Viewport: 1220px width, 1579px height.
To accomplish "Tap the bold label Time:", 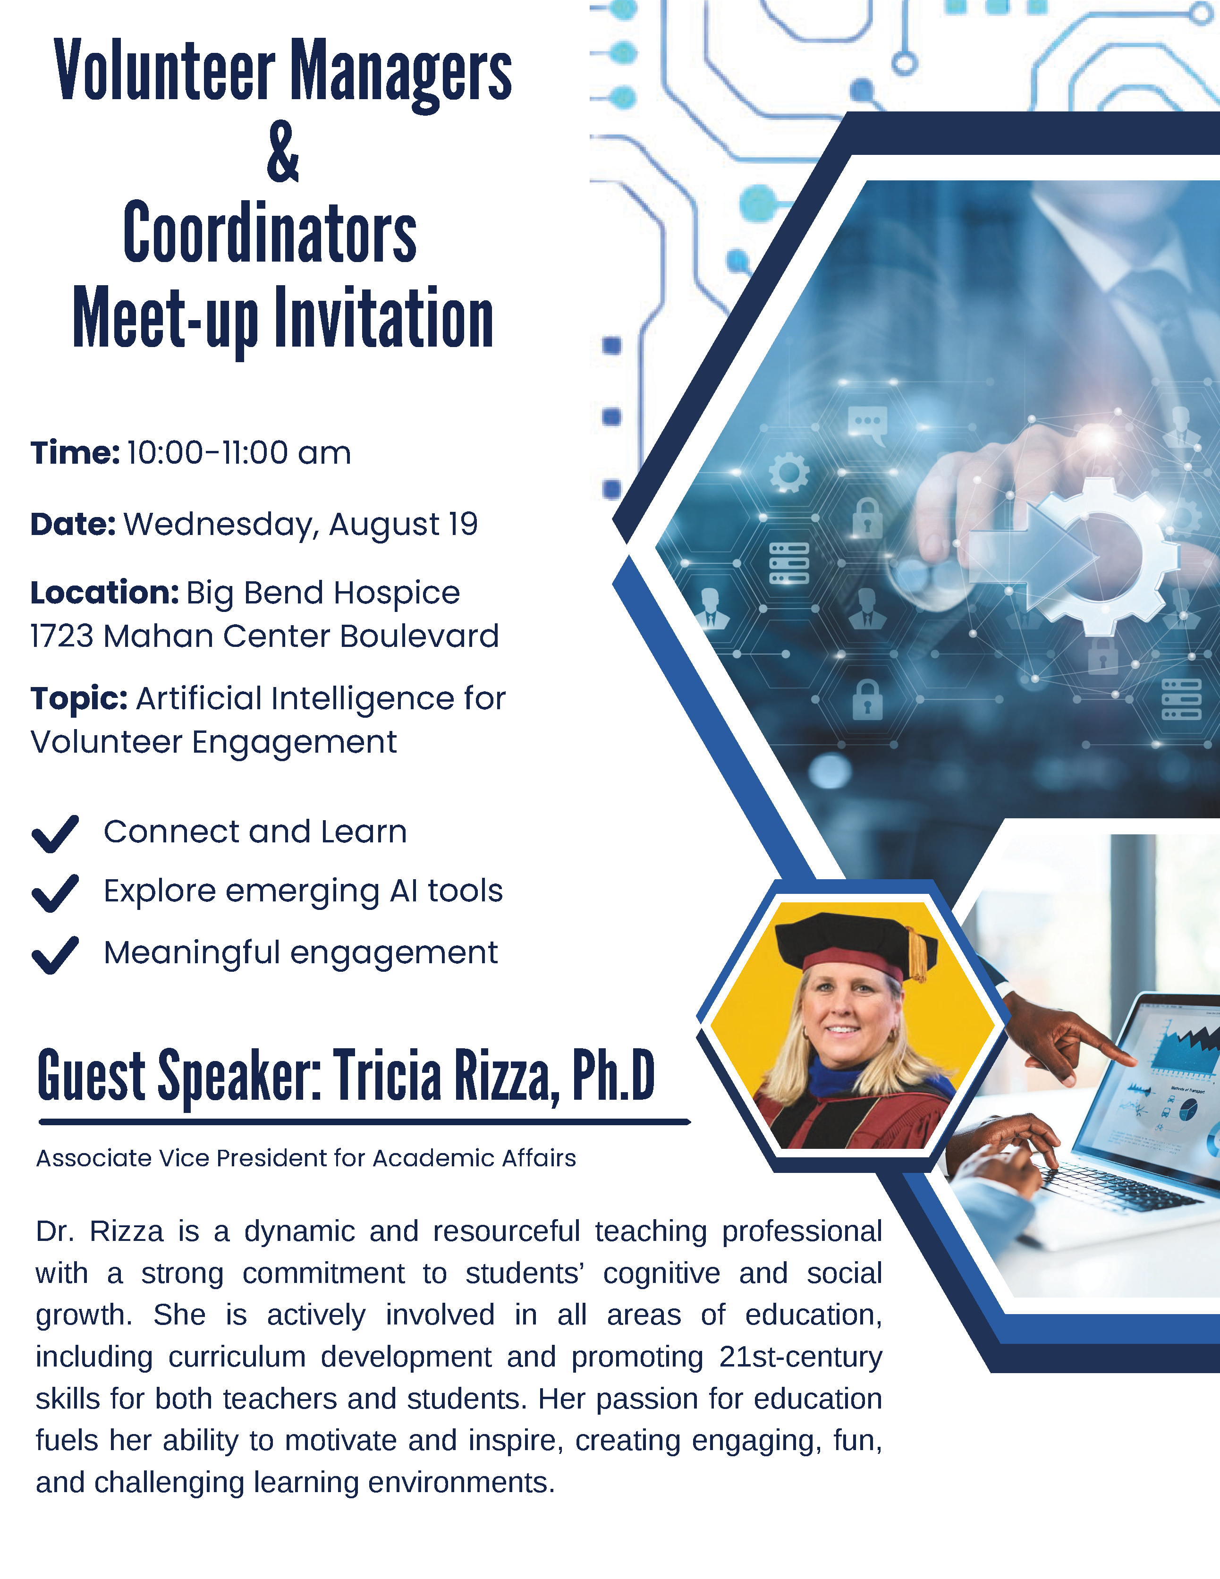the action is click(75, 453).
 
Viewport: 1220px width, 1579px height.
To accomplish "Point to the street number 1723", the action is click(62, 636).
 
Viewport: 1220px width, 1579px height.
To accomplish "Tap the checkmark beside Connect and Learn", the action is click(55, 833).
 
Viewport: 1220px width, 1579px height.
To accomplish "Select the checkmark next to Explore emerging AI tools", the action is click(55, 893).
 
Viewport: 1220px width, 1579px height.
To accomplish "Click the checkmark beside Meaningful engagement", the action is click(55, 955).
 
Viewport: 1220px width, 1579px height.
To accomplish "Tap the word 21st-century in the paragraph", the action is click(801, 1357).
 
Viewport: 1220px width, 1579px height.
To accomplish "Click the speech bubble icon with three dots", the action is click(867, 424).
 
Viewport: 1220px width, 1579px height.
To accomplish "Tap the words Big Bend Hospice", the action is click(323, 593).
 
